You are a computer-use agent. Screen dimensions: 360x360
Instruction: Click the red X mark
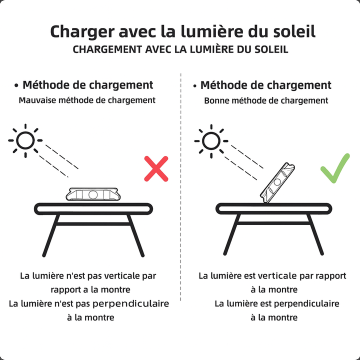[156, 169]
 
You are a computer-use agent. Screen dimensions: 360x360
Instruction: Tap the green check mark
[334, 169]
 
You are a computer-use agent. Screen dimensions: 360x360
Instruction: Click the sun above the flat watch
[25, 140]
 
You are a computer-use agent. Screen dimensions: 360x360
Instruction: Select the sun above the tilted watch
[211, 141]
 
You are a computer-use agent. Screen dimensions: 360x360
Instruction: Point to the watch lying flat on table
[93, 194]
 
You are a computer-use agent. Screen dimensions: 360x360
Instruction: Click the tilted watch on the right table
[277, 183]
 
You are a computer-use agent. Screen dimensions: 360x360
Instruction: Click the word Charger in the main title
[82, 32]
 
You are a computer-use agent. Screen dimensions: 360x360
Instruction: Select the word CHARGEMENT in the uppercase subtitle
[107, 49]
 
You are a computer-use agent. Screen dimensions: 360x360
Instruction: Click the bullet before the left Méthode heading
[16, 86]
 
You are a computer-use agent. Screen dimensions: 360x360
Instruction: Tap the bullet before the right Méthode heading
[195, 86]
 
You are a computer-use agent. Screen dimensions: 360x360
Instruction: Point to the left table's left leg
[51, 235]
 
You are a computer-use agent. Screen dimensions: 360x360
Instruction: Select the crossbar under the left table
[93, 224]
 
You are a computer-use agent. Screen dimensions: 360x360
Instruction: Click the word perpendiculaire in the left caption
[130, 304]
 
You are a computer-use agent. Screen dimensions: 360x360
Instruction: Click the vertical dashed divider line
[181, 187]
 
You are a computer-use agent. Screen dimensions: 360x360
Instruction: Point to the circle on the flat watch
[93, 194]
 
